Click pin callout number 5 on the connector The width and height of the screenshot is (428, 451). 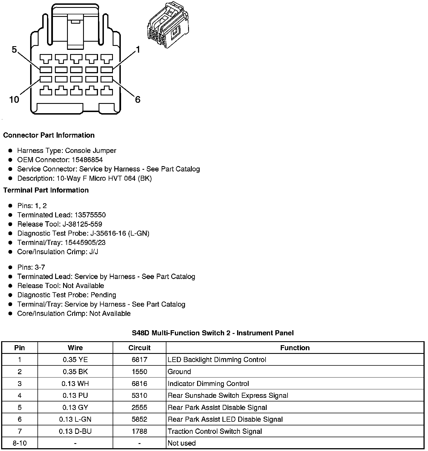click(x=14, y=50)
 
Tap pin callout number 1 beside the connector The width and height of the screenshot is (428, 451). click(x=138, y=50)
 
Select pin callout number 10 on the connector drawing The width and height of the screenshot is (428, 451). click(x=14, y=99)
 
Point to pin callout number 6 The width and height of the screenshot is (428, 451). click(x=138, y=99)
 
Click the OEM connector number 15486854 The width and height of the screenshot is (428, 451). click(x=87, y=160)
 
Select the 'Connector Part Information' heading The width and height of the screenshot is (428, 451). click(x=49, y=135)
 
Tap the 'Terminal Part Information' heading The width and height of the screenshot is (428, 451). click(x=46, y=190)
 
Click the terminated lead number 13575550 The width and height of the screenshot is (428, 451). click(x=90, y=215)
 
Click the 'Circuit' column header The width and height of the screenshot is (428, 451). click(x=139, y=348)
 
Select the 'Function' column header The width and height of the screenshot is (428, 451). click(x=295, y=348)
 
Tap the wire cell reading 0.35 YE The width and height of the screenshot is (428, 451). click(x=75, y=360)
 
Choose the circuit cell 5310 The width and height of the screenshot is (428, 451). click(x=139, y=396)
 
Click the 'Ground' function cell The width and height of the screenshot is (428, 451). click(x=179, y=372)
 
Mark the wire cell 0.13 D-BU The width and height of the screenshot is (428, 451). click(x=75, y=431)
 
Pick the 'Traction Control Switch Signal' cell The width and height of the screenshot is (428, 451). click(x=215, y=431)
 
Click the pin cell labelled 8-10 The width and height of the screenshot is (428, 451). click(x=20, y=443)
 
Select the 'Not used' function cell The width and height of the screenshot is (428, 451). click(x=182, y=443)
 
